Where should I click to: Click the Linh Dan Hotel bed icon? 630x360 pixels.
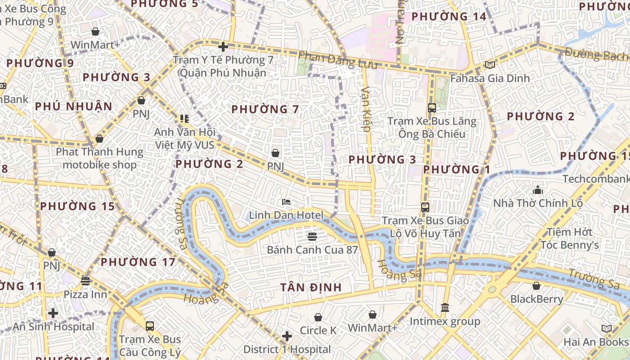[x=286, y=202]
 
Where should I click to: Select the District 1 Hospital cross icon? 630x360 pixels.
[x=287, y=336]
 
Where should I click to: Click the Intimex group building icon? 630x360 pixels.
[x=445, y=307]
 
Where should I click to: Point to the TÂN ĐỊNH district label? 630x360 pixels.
[x=311, y=287]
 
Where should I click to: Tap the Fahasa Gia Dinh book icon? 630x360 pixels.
[x=490, y=65]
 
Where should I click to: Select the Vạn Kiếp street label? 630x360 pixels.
[x=366, y=109]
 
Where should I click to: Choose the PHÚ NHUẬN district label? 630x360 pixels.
[x=73, y=107]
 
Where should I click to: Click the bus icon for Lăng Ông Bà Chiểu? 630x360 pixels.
[x=432, y=108]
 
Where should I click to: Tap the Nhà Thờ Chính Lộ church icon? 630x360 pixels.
[x=538, y=190]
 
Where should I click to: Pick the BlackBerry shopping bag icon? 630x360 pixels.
[x=536, y=286]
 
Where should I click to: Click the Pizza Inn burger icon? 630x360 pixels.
[x=85, y=281]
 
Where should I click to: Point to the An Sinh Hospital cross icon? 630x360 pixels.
[x=53, y=313]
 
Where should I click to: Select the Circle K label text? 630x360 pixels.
[x=318, y=330]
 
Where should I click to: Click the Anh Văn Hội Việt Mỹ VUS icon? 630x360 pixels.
[x=184, y=119]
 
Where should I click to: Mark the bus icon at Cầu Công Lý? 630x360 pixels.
[x=150, y=326]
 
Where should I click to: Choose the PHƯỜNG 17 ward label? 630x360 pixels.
[x=138, y=262]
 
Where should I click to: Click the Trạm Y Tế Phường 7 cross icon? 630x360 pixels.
[x=223, y=46]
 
